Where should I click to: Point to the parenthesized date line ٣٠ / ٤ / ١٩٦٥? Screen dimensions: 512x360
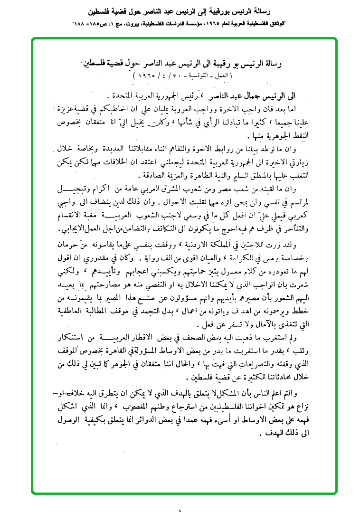click(x=180, y=75)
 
